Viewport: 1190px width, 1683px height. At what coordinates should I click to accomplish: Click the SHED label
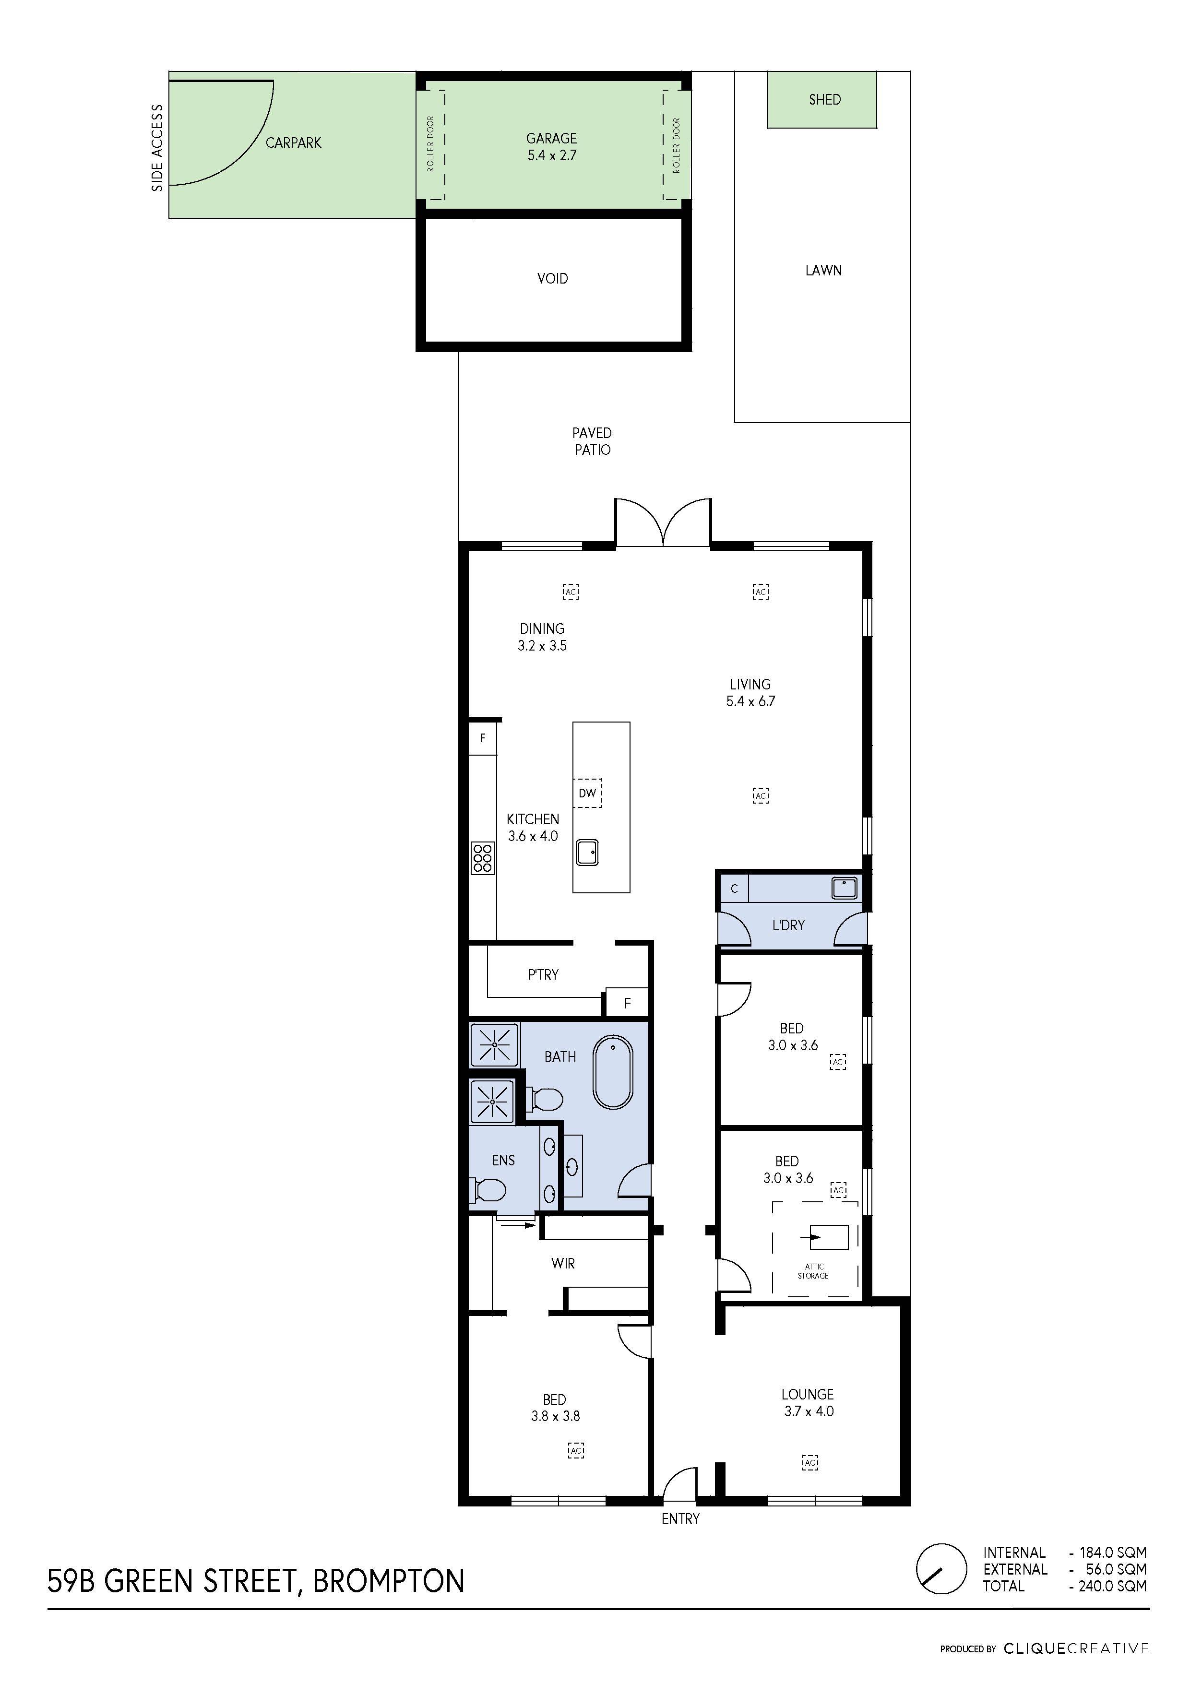[x=824, y=100]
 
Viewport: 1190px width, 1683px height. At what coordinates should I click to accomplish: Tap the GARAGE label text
[x=551, y=139]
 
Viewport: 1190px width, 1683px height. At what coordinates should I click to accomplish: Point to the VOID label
[x=553, y=279]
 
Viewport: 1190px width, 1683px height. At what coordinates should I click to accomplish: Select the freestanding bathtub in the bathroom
[x=612, y=1072]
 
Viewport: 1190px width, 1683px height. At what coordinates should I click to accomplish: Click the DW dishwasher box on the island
[x=587, y=793]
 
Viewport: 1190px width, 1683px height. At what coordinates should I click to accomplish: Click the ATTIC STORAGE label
[x=813, y=1271]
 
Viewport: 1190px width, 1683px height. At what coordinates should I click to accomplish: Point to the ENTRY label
[x=680, y=1519]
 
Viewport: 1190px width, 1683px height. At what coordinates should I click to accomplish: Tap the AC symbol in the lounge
[x=809, y=1462]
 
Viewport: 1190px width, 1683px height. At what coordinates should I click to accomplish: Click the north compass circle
[x=941, y=1569]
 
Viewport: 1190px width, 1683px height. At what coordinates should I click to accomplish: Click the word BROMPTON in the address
[x=389, y=1581]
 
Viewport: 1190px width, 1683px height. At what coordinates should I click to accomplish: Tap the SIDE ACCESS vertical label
[x=157, y=148]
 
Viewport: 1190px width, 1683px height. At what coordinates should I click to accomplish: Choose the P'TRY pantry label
[x=543, y=974]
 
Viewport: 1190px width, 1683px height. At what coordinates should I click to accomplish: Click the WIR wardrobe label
[x=563, y=1264]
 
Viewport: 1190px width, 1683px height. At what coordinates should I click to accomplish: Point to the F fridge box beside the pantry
[x=627, y=1004]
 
